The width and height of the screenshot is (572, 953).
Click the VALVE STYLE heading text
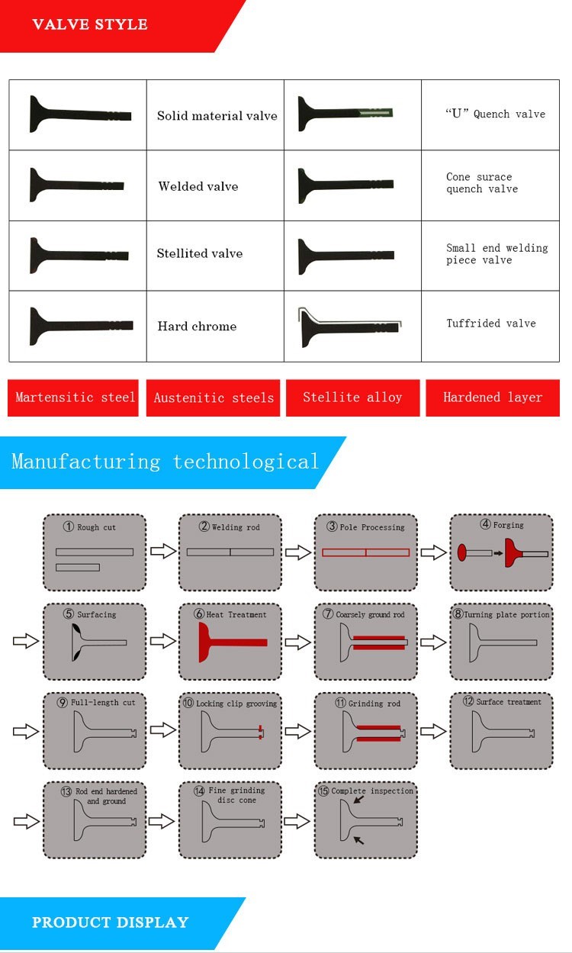click(x=90, y=24)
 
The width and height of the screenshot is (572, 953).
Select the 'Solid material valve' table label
click(x=217, y=116)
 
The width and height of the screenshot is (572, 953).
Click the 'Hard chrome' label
click(x=197, y=327)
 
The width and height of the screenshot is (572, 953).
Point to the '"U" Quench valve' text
click(x=495, y=114)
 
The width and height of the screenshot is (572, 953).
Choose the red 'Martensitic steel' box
click(x=73, y=398)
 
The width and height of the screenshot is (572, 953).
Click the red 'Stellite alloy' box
click(x=352, y=398)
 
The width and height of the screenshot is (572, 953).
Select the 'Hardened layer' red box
click(x=493, y=398)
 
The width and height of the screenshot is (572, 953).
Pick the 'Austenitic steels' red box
click(x=214, y=398)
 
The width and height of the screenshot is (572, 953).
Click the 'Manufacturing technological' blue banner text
click(x=165, y=462)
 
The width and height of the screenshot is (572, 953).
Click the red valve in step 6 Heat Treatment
click(x=229, y=642)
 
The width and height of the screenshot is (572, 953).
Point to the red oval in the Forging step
click(x=462, y=552)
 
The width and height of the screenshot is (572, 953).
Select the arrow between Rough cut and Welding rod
click(x=163, y=551)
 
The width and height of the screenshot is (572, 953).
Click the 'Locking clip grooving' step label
click(x=236, y=703)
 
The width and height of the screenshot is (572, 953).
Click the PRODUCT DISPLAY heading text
click(x=110, y=922)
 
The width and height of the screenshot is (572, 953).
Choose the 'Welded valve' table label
click(x=198, y=186)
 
